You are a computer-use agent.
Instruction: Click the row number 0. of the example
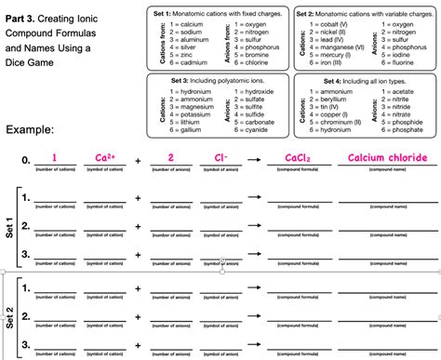click(x=25, y=160)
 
